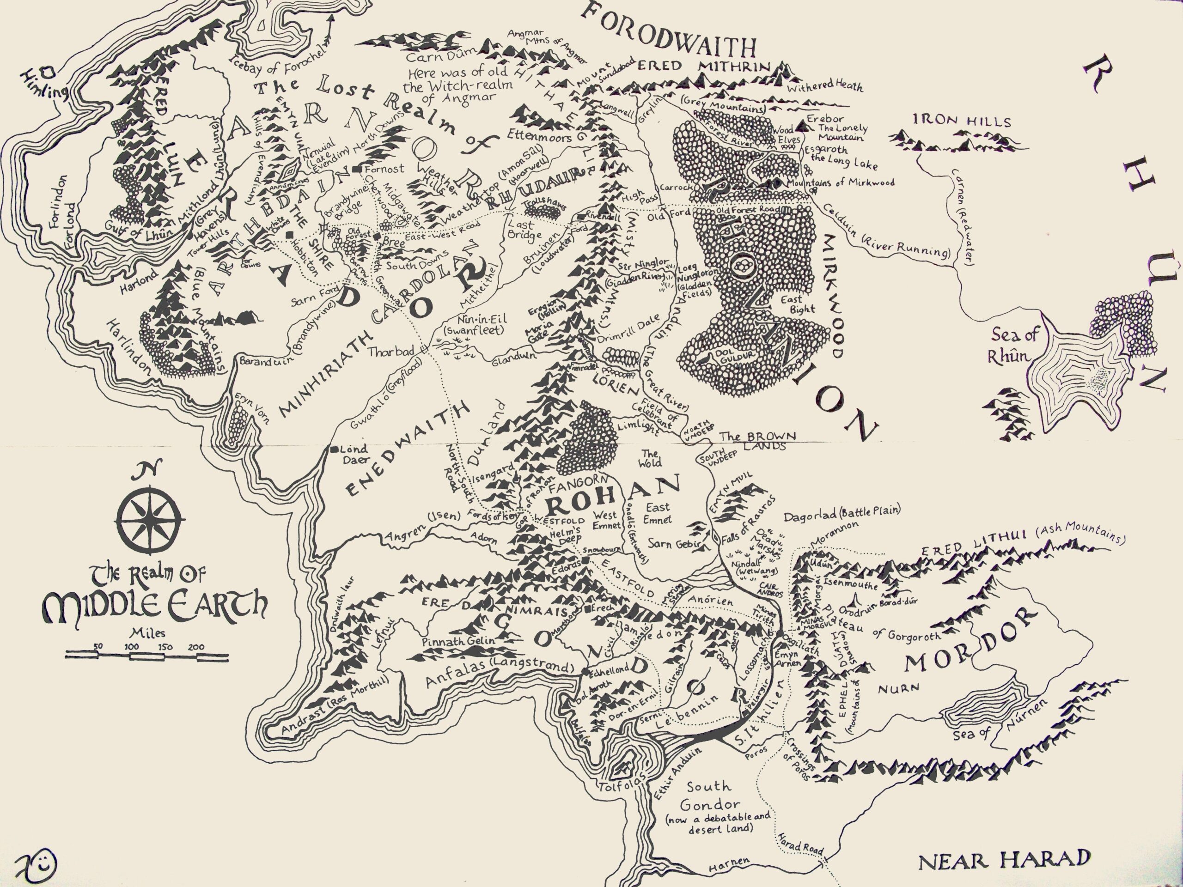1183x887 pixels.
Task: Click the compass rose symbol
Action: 150,519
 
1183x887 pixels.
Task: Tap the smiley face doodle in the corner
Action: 37,863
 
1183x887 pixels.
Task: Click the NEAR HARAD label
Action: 1004,861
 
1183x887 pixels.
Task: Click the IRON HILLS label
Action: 962,121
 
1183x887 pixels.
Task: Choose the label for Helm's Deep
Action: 566,535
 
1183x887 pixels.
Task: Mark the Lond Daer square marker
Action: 334,449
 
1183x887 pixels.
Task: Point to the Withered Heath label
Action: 825,85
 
